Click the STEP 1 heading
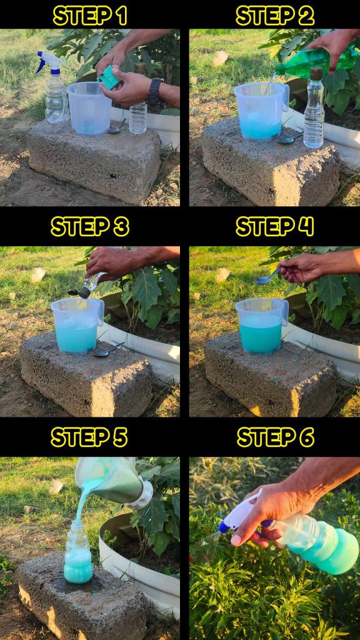90,16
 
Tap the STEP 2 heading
275,16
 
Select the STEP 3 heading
90,226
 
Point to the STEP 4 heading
275,226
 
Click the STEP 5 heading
89,437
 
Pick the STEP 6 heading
276,437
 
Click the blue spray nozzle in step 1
49,62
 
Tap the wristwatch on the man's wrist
155,92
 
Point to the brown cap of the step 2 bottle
316,73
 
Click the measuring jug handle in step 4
284,312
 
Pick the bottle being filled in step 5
78,551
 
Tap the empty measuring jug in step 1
89,108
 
